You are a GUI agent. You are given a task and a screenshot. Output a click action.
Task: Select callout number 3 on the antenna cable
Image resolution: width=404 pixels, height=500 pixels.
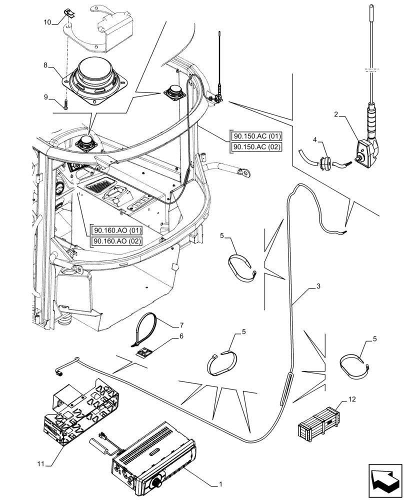318,287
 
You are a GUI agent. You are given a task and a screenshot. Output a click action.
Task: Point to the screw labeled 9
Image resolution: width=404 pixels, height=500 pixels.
65,104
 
